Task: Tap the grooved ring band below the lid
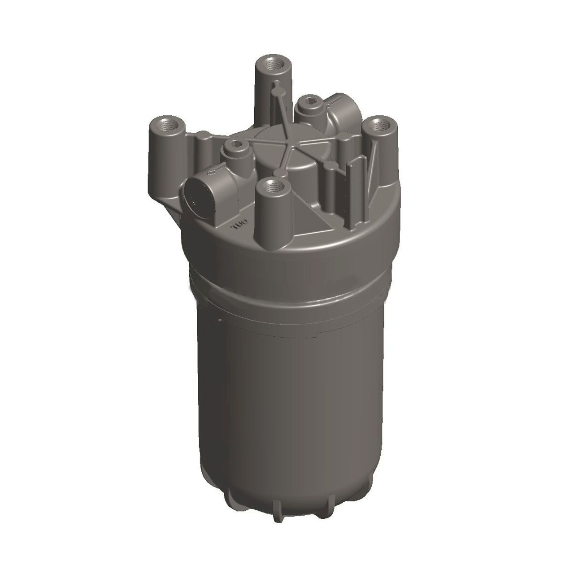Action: [x=287, y=287]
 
